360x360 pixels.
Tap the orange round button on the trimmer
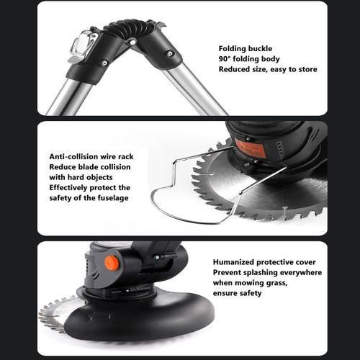pos(112,263)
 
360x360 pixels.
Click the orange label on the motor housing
pos(250,148)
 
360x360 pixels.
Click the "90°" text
pos(225,59)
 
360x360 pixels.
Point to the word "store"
pos(307,69)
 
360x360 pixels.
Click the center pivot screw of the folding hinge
pos(132,42)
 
